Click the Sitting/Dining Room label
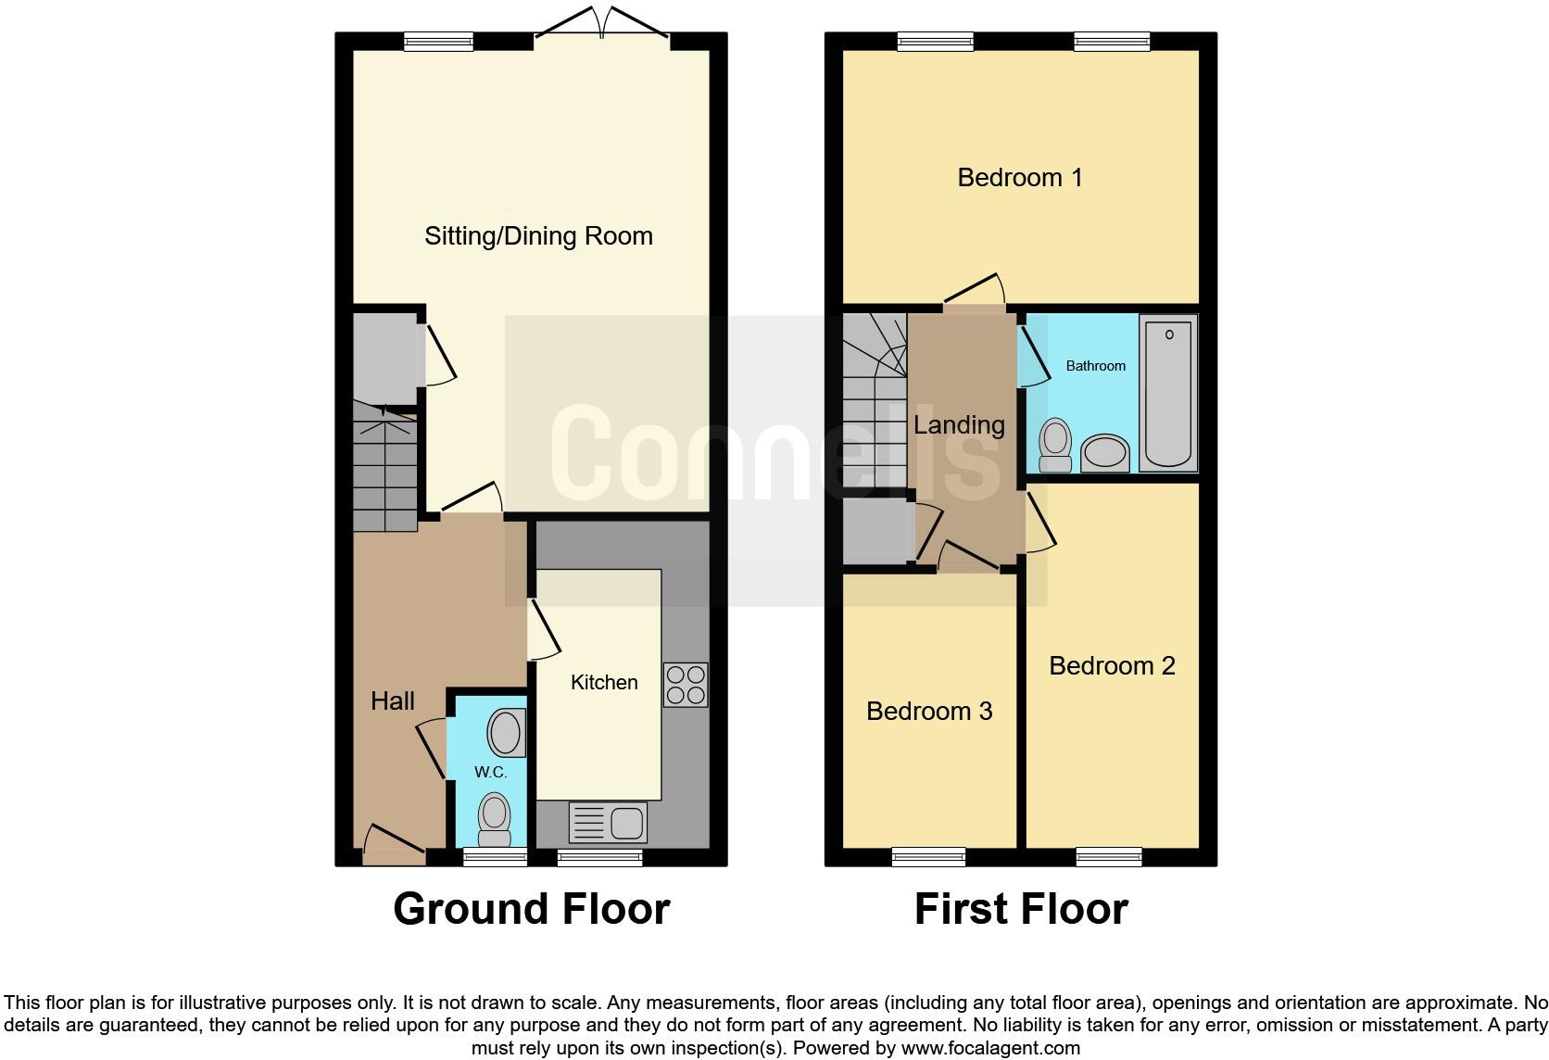coord(538,236)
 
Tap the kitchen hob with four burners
coord(686,685)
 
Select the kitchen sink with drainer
coord(607,822)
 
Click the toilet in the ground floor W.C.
coord(495,819)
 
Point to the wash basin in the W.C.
coord(506,732)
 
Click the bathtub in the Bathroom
coord(1167,394)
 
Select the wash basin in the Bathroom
coord(1104,454)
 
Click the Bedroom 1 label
coord(1019,177)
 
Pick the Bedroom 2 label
coord(1112,665)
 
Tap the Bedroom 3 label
coord(929,711)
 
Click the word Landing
coord(959,424)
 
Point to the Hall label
coord(392,700)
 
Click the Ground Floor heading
coord(531,909)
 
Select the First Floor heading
coord(1021,909)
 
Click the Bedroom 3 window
coord(928,857)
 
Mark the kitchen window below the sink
coord(599,858)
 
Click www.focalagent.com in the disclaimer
coord(989,1049)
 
